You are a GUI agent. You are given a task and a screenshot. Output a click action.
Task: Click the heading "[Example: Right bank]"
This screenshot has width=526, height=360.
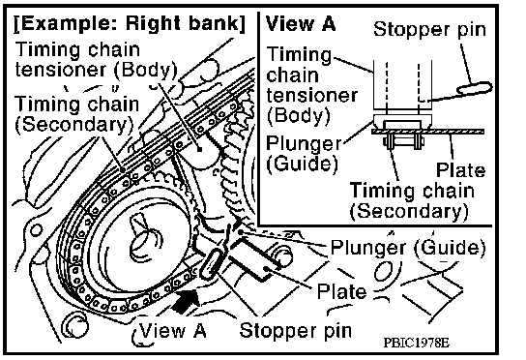point(130,23)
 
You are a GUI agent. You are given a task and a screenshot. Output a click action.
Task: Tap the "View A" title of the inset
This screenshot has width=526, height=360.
point(301,23)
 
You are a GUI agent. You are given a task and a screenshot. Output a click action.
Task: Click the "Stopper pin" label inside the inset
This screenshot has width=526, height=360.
point(429,30)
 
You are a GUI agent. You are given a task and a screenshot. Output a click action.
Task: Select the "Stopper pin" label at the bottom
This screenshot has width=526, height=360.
point(296,330)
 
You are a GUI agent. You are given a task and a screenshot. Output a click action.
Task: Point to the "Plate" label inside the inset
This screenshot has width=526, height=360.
point(460,170)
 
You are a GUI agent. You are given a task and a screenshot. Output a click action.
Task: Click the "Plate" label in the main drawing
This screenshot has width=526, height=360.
point(341,291)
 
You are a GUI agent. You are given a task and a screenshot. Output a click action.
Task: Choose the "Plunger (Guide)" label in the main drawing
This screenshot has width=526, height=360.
point(408,248)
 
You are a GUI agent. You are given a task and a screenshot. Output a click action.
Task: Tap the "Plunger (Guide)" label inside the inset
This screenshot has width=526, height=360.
point(303,154)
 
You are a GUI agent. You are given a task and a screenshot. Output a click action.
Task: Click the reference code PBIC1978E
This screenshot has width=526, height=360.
point(416,343)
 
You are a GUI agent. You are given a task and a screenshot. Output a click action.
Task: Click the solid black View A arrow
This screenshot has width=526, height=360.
point(187,301)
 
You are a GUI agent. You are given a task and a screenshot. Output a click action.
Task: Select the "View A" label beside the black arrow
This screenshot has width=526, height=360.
point(172,330)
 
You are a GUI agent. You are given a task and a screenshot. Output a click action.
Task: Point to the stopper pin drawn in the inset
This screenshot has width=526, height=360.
point(475,88)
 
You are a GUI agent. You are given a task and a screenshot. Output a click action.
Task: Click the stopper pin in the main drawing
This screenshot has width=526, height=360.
point(212,264)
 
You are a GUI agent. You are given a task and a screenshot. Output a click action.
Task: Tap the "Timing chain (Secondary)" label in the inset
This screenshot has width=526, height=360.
point(411,201)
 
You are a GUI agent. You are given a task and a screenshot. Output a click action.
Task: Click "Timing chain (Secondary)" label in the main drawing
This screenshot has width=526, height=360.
point(76,114)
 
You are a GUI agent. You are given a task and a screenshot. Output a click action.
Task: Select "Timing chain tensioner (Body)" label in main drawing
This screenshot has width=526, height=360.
point(96,60)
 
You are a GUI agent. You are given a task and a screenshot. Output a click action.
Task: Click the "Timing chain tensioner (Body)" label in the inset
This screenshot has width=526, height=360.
point(311,85)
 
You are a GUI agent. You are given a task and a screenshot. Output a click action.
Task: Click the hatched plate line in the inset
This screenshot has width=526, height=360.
point(427,132)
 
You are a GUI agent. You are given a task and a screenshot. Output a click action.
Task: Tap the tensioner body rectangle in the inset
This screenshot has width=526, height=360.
point(402,84)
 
